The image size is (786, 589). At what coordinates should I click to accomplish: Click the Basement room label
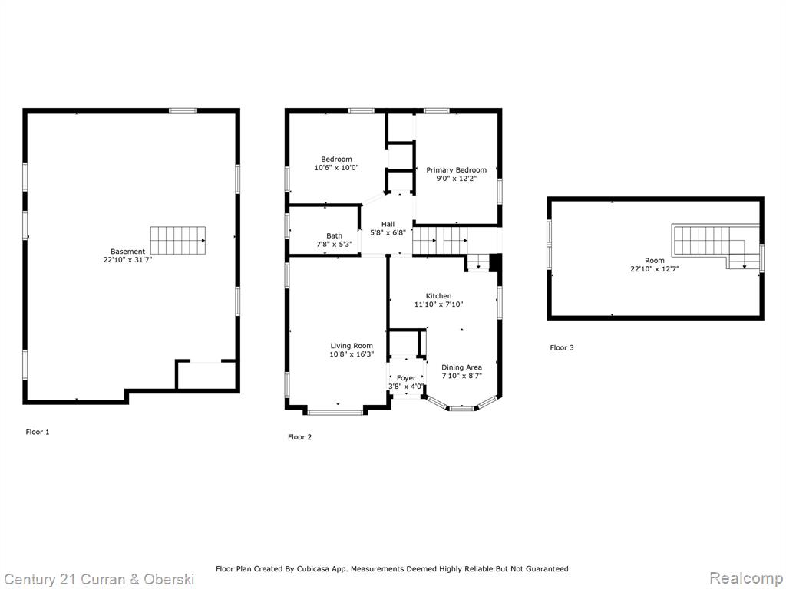click(x=128, y=252)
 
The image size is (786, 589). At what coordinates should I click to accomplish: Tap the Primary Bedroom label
click(x=456, y=170)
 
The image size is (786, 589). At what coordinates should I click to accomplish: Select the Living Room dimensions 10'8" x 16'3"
click(x=352, y=354)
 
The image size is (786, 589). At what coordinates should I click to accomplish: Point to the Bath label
click(x=335, y=236)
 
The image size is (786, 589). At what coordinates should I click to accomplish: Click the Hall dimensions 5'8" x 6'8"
click(x=388, y=233)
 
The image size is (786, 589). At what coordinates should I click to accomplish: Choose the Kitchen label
click(x=438, y=296)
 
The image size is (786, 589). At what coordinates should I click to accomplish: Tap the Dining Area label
click(x=461, y=367)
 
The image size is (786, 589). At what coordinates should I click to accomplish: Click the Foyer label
click(x=406, y=378)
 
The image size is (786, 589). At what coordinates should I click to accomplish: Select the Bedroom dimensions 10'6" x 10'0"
click(x=336, y=168)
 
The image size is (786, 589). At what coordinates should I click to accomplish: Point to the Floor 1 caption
click(x=38, y=432)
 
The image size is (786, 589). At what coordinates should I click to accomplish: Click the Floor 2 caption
click(x=300, y=436)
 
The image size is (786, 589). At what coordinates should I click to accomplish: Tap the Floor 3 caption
click(x=562, y=347)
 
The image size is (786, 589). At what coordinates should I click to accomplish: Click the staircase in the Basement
click(x=178, y=240)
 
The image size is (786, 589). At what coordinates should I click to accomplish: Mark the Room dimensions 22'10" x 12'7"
click(x=655, y=269)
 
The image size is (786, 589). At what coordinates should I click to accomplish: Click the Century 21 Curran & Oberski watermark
click(x=99, y=580)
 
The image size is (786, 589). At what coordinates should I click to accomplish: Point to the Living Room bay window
click(x=336, y=412)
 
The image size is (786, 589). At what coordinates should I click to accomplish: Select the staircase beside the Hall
click(x=440, y=240)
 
